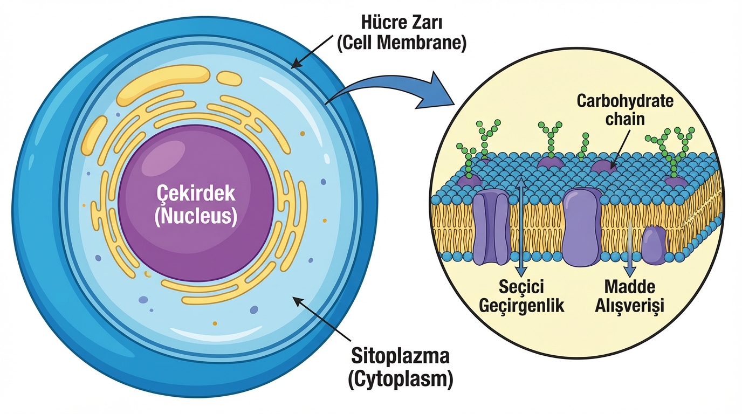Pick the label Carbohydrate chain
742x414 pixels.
tap(625, 109)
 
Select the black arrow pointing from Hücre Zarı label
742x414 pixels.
tap(311, 51)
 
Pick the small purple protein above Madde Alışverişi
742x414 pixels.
tap(654, 246)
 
